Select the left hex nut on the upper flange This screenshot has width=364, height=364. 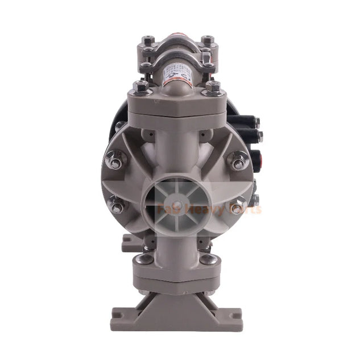coord(139,87)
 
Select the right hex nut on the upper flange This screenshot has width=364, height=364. coord(213,87)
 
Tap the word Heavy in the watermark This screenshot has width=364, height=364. coord(208,209)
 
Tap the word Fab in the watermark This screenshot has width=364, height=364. coord(171,209)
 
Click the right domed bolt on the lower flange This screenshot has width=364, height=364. coord(208,259)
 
